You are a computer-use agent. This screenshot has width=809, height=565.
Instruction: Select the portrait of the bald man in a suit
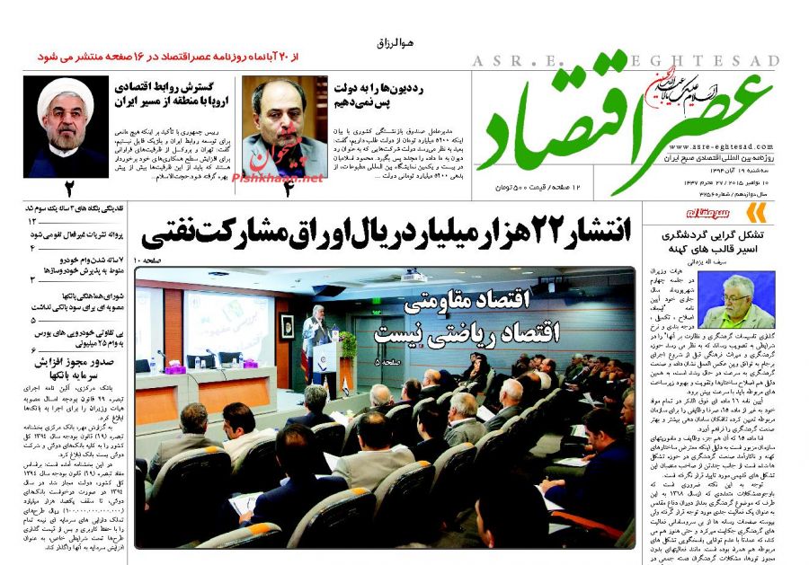coord(284,127)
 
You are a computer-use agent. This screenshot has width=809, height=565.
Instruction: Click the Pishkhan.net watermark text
coord(278,179)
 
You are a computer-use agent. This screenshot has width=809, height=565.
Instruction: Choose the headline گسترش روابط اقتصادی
coord(173,87)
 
